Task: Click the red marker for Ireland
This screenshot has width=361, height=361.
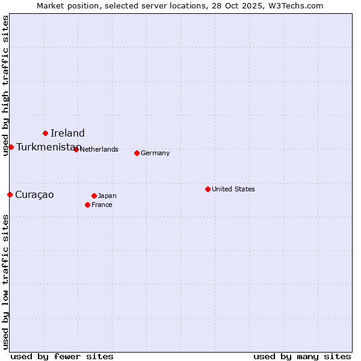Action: click(45, 133)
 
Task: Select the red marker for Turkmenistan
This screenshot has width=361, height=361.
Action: click(11, 147)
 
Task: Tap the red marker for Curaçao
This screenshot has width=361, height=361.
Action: click(10, 194)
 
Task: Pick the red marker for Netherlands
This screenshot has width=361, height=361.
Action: click(76, 149)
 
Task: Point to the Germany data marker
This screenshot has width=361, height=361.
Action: click(137, 153)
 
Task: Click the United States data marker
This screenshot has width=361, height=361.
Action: click(208, 189)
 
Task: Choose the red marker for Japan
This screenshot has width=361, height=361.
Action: click(94, 196)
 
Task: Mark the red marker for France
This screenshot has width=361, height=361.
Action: click(87, 205)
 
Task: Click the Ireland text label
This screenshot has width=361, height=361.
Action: click(67, 134)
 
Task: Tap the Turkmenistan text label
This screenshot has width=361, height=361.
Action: click(48, 147)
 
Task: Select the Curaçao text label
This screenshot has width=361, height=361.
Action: click(34, 195)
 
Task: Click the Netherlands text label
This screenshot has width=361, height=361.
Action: click(99, 149)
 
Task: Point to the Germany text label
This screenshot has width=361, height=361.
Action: click(155, 153)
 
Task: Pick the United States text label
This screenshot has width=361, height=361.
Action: click(233, 189)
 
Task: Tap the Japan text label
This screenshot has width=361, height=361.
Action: click(107, 196)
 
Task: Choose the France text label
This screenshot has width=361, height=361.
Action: click(102, 205)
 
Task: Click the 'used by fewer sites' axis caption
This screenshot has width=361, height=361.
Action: click(62, 357)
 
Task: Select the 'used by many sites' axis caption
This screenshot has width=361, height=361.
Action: click(302, 357)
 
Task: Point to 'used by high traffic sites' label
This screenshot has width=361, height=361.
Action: click(6, 86)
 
